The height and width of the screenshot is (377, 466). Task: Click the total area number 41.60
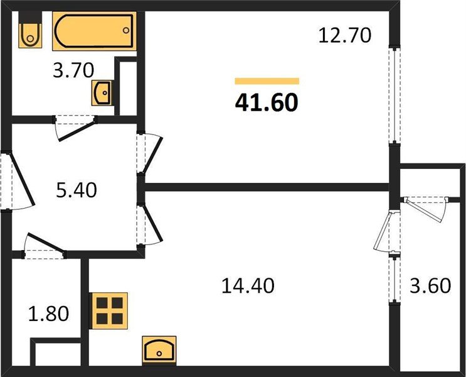[266, 102]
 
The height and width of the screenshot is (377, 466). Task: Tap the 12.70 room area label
[345, 35]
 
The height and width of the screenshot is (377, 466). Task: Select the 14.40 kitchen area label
[248, 286]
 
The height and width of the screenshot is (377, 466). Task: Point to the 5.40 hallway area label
[77, 190]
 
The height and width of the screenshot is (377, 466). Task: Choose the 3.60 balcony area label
[430, 286]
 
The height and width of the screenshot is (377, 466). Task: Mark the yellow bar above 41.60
[267, 81]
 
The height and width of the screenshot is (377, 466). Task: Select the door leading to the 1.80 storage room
[44, 245]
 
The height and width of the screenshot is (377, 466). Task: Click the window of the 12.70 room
[393, 94]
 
